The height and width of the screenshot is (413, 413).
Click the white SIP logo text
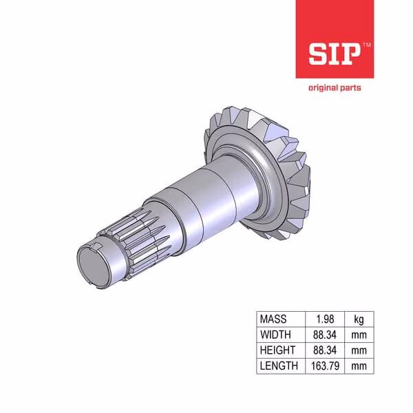coord(335,54)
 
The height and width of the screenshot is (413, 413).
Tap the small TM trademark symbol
coord(367,45)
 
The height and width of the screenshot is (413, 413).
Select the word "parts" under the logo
coord(350,88)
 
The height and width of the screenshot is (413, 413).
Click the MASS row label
coord(273,319)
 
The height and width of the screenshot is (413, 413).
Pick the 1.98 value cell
coord(325,319)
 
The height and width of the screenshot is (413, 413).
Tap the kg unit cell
coord(359,319)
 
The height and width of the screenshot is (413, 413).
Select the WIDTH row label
coord(275,335)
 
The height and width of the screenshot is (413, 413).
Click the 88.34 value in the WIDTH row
coord(325,335)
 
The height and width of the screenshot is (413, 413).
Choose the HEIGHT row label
coord(277,350)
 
